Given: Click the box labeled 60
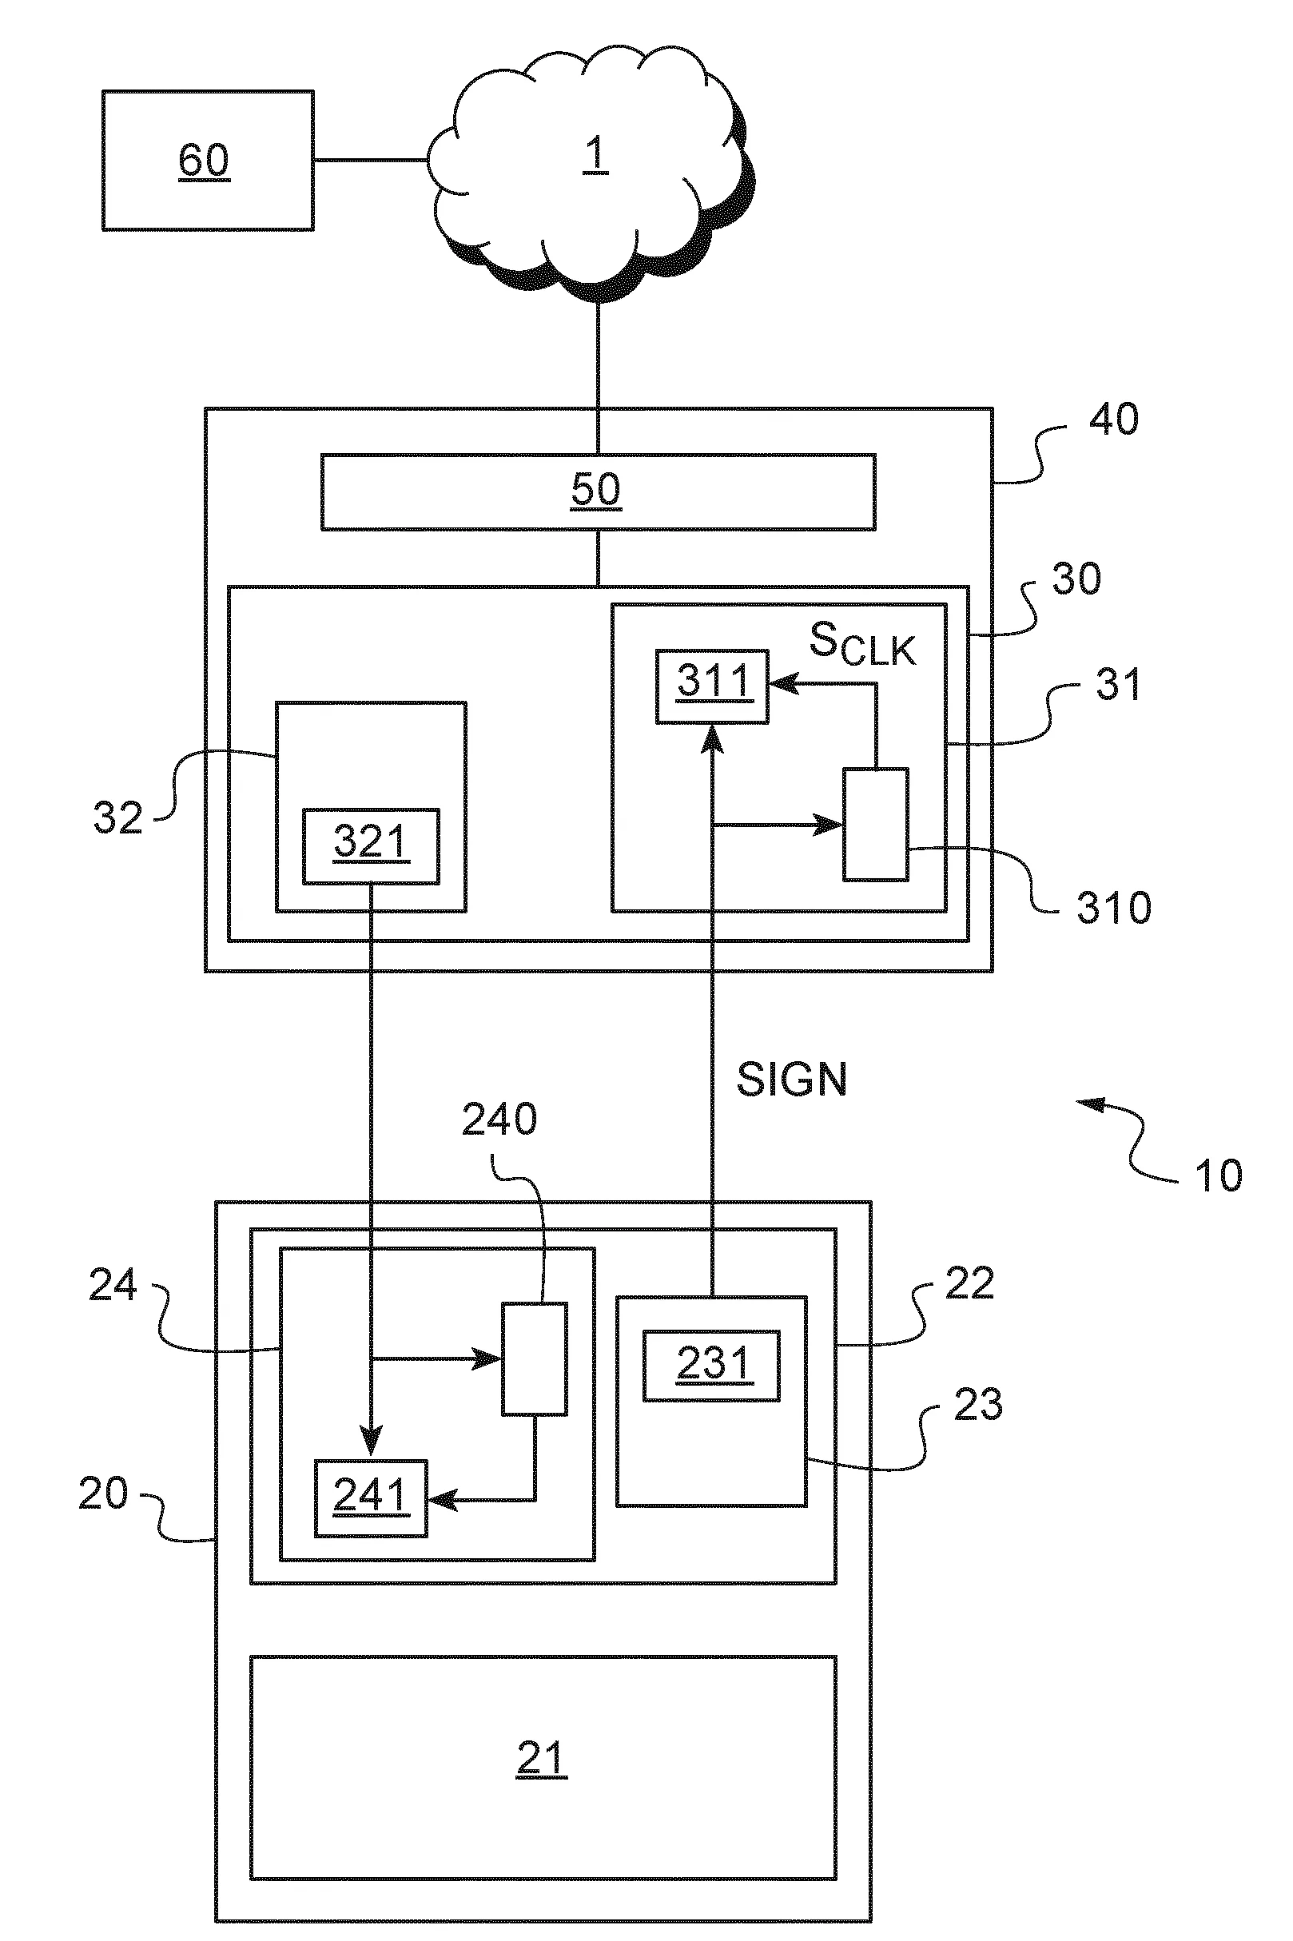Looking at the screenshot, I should [x=208, y=161].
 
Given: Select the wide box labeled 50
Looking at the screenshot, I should [x=597, y=491].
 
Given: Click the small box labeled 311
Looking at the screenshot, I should [x=713, y=686].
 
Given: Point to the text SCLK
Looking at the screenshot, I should [x=861, y=643].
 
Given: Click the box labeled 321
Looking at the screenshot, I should [x=370, y=846].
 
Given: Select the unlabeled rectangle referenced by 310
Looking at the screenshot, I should [x=875, y=825].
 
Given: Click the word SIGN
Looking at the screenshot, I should [x=791, y=1080].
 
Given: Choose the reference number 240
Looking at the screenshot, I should [x=499, y=1120].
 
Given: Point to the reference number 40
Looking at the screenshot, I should [x=1113, y=420].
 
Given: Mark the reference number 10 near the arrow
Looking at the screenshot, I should [x=1218, y=1175].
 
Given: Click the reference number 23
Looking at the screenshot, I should [x=978, y=1404].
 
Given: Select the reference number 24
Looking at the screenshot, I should [x=113, y=1286].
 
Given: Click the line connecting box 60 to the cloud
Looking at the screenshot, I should [x=371, y=160].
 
